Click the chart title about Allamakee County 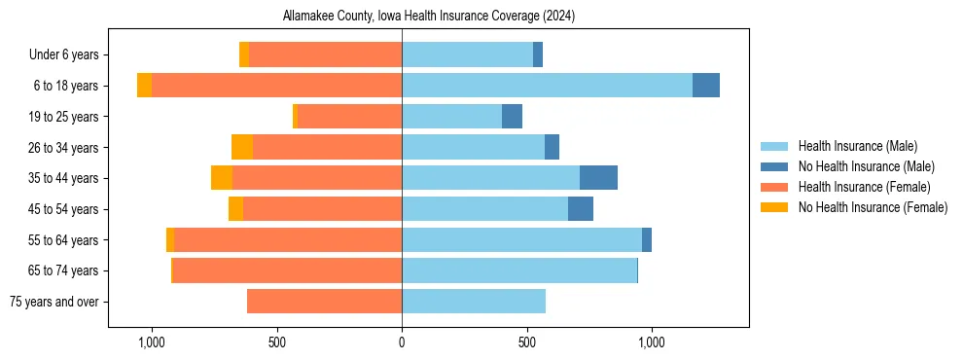[429, 17]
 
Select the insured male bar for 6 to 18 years [547, 86]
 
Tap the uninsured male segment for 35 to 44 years [598, 178]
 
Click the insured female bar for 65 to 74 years [287, 270]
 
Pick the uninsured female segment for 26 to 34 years [242, 147]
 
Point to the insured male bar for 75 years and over [474, 302]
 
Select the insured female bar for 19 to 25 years [349, 117]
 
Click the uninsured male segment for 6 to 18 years [706, 86]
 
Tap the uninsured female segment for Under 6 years [244, 54]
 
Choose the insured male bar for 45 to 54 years [484, 209]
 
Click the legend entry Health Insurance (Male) [857, 146]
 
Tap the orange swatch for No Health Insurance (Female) [775, 207]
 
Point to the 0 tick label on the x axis [402, 342]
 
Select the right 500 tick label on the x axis [526, 342]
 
